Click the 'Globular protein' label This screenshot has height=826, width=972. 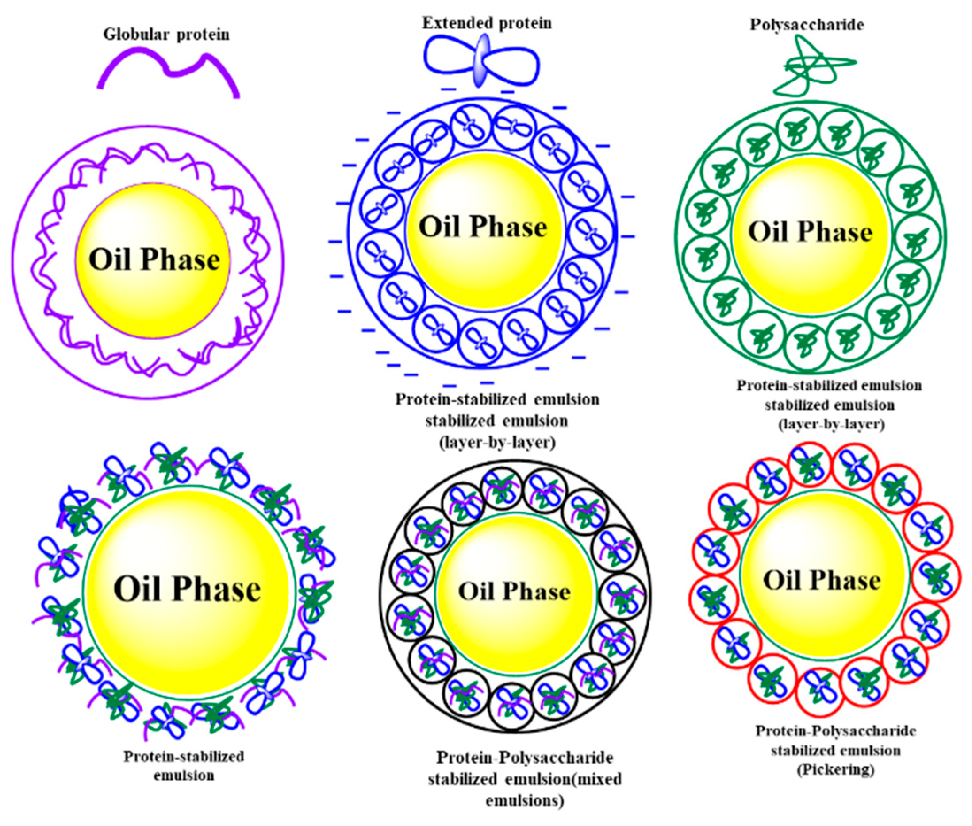[166, 35]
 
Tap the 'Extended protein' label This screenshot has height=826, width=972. [487, 23]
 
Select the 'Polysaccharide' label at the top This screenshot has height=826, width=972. [807, 25]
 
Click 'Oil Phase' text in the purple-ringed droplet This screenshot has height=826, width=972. [154, 260]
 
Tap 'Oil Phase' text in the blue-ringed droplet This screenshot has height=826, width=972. [483, 227]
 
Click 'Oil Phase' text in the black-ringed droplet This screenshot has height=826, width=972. [514, 591]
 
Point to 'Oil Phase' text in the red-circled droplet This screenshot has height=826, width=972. [822, 580]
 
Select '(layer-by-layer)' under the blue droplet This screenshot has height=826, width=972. [497, 443]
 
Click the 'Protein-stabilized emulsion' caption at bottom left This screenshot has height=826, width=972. [184, 766]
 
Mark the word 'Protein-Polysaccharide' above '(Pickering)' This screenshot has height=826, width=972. [836, 731]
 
